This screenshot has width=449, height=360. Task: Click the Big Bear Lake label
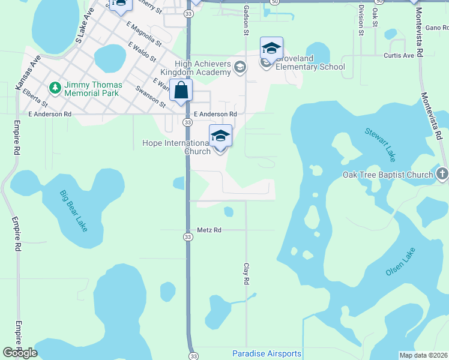click(73, 211)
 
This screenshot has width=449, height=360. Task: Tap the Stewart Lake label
click(381, 145)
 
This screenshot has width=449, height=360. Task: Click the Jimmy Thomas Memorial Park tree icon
click(55, 88)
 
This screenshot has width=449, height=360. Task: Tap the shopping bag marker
click(181, 91)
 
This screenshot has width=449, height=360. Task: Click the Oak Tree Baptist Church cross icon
click(442, 175)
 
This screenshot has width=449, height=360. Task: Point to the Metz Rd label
click(209, 230)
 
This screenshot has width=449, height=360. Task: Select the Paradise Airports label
click(267, 353)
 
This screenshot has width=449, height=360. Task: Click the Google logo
click(20, 353)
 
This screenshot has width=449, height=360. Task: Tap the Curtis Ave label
click(399, 55)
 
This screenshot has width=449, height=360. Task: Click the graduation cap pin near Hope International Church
click(220, 136)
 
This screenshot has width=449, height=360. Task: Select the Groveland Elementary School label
click(310, 67)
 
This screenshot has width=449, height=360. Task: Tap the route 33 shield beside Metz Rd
click(188, 238)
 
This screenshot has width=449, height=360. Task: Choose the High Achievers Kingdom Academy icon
click(240, 67)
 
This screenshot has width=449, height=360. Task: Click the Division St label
click(361, 20)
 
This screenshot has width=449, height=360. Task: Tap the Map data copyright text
click(423, 355)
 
